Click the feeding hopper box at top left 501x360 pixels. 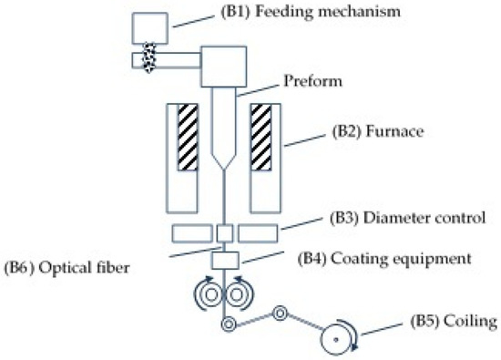149,28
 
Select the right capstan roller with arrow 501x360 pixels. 242,295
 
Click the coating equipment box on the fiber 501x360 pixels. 224,260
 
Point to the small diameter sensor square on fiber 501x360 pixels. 224,231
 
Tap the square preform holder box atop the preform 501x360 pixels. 224,66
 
